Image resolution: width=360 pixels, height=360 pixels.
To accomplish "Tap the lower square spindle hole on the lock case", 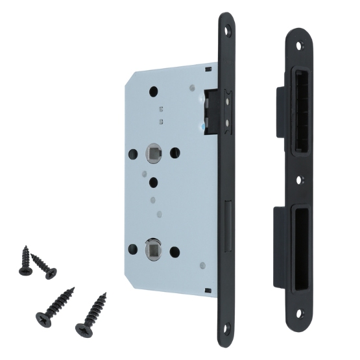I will [x=154, y=248].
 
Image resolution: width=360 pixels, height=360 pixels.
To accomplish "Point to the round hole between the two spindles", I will [x=154, y=182].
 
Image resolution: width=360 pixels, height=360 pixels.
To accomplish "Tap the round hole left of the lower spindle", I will [x=133, y=248].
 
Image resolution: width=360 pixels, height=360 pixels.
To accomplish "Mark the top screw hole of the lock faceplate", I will [x=228, y=29].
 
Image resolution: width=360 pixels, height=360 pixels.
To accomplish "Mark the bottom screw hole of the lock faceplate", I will [x=227, y=338].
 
